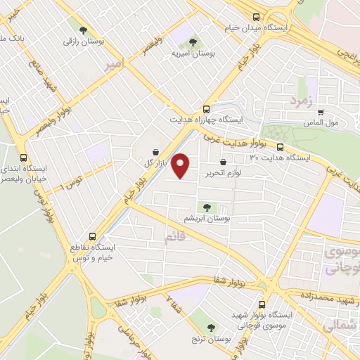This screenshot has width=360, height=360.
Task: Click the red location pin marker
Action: click(x=181, y=165)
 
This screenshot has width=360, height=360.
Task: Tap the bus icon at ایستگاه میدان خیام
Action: click(x=255, y=18)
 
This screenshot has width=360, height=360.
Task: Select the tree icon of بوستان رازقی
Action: click(x=84, y=30)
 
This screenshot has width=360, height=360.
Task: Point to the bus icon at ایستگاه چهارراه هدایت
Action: click(x=206, y=109)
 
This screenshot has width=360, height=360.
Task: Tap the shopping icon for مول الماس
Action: click(x=321, y=111)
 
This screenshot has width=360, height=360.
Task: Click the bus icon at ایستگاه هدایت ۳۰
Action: click(x=280, y=147)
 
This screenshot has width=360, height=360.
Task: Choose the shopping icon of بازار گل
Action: click(x=155, y=151)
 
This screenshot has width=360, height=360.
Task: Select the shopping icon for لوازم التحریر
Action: click(x=223, y=162)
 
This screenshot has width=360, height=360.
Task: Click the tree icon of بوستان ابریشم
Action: click(x=207, y=207)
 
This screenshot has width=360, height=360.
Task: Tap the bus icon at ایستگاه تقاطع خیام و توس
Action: click(x=93, y=237)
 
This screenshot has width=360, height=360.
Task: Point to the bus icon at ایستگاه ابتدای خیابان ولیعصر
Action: click(x=25, y=157)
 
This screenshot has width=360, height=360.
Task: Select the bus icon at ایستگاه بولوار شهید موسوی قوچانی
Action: click(x=262, y=305)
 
